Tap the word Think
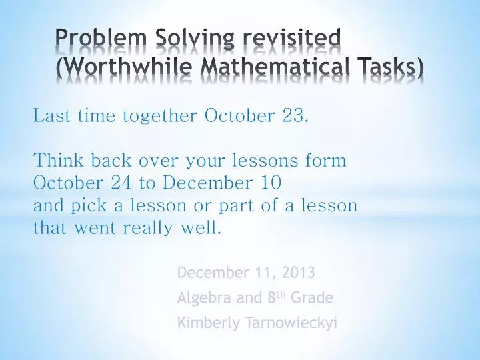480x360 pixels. click(55, 161)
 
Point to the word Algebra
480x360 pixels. click(201, 298)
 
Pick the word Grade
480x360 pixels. click(313, 298)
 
